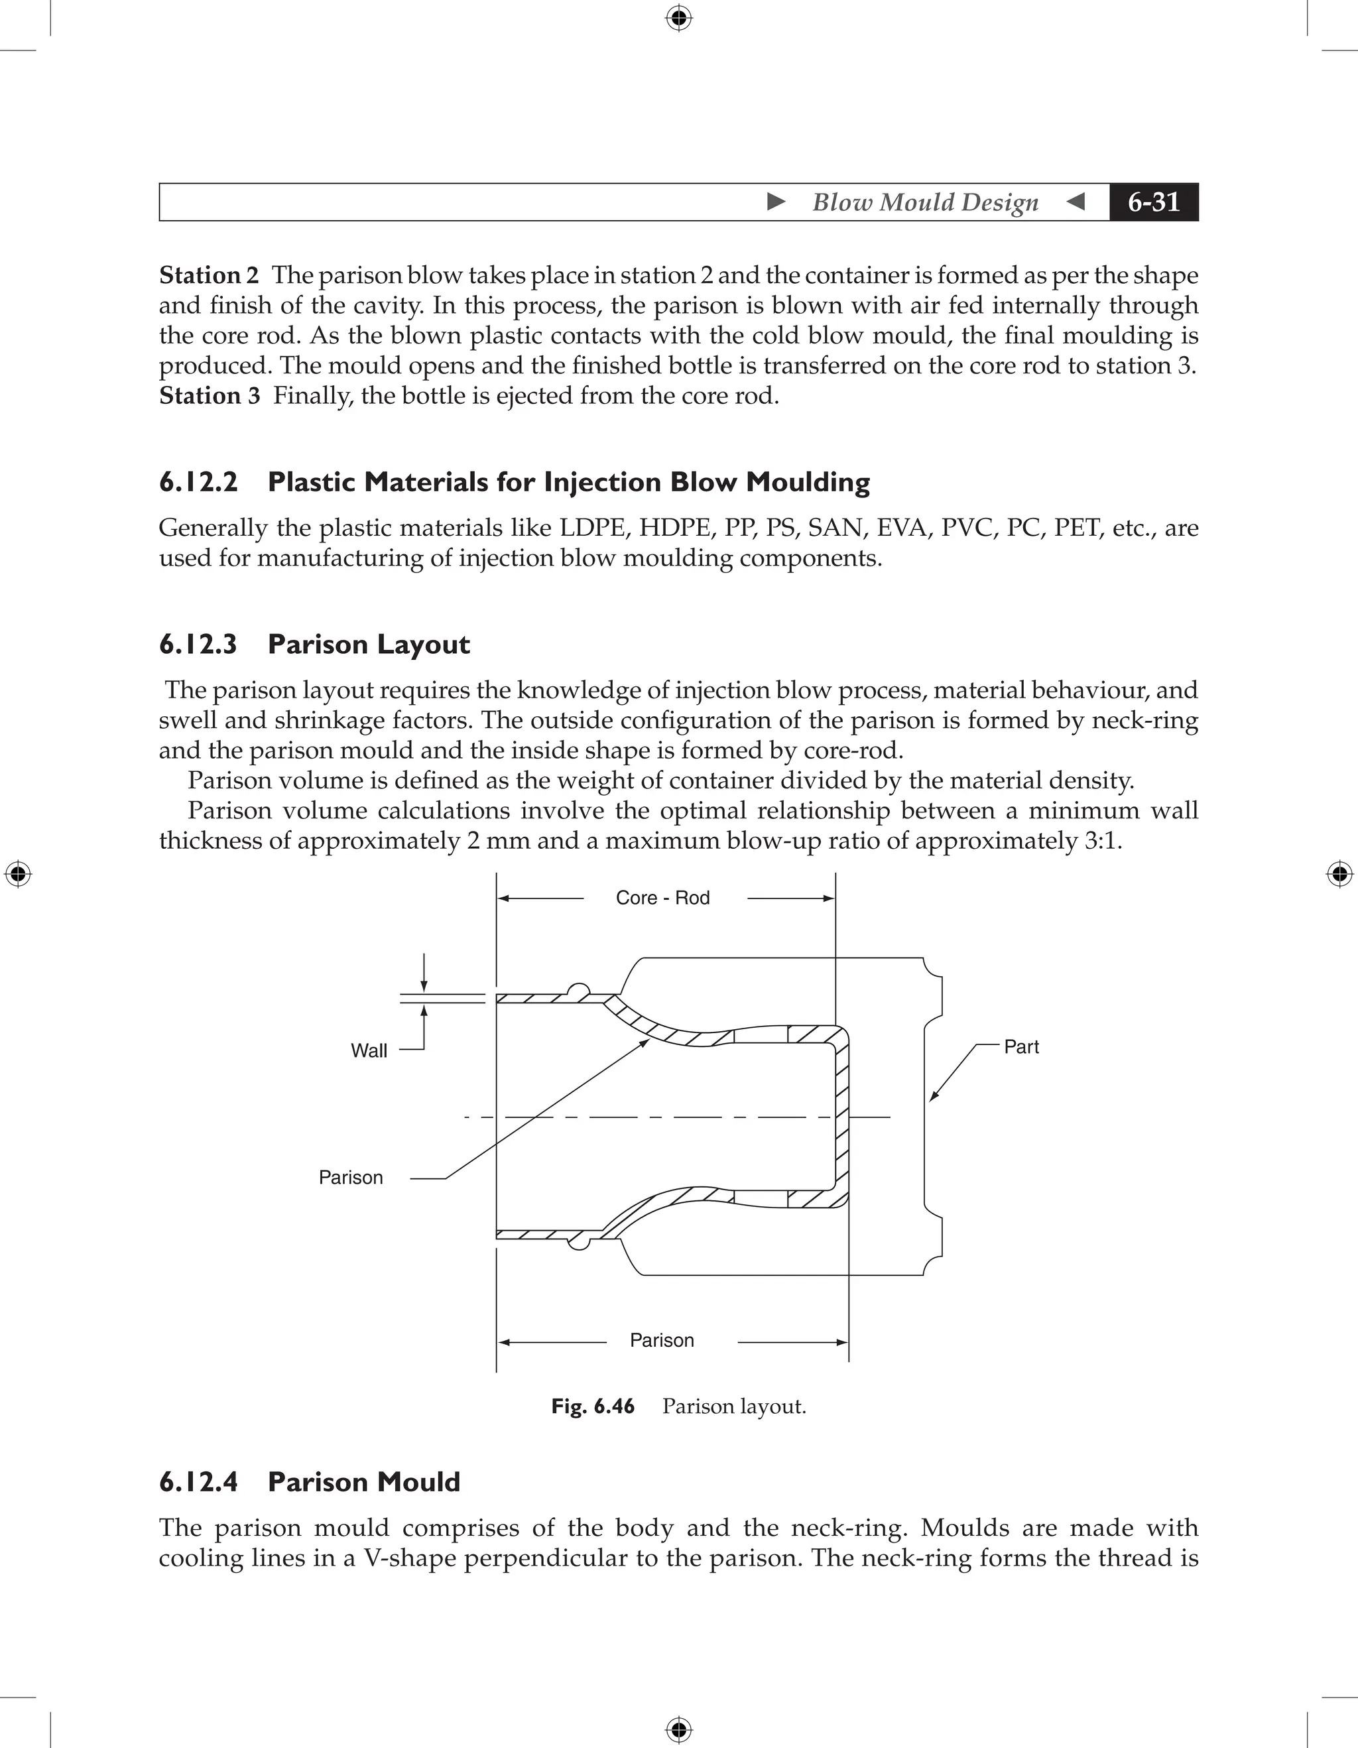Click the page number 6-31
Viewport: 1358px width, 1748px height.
pyautogui.click(x=1153, y=202)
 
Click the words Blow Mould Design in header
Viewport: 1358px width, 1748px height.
pyautogui.click(x=925, y=202)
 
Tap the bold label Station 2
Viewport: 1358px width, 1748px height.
pyautogui.click(x=208, y=275)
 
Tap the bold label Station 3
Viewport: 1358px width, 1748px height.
pyautogui.click(x=209, y=395)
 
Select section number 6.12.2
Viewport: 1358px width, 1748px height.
pyautogui.click(x=198, y=482)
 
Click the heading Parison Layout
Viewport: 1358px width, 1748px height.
pyautogui.click(x=368, y=645)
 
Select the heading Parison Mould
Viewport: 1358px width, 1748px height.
pyautogui.click(x=363, y=1481)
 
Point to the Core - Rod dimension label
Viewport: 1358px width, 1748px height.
pyautogui.click(x=662, y=898)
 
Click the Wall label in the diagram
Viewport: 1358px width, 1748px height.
pyautogui.click(x=369, y=1051)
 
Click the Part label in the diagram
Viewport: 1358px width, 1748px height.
pyautogui.click(x=1021, y=1047)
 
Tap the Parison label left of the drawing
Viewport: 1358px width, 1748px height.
pyautogui.click(x=351, y=1177)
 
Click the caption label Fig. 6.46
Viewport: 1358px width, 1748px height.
pyautogui.click(x=592, y=1406)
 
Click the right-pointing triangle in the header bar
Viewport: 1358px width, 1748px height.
pyautogui.click(x=775, y=202)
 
